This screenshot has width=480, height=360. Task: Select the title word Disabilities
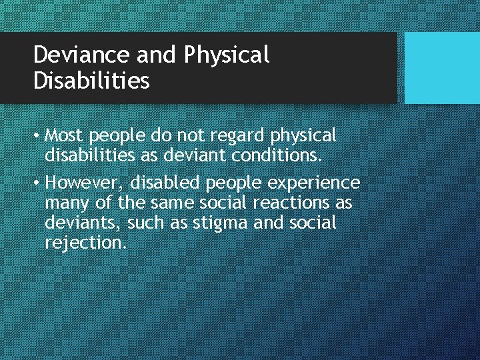click(91, 81)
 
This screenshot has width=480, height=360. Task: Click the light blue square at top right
click(442, 68)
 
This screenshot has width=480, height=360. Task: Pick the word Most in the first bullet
click(65, 136)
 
